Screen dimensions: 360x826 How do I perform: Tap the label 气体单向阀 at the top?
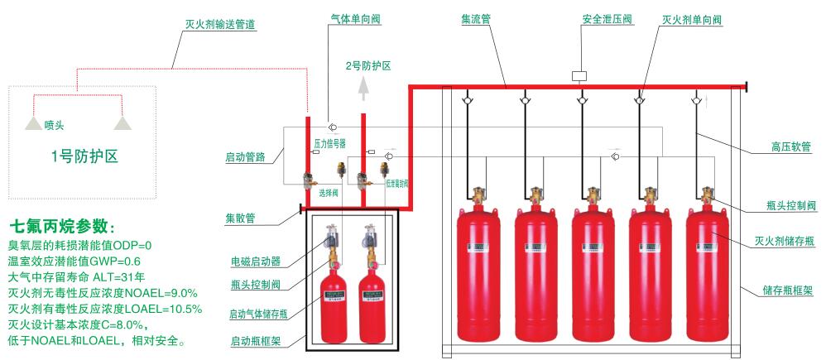341,18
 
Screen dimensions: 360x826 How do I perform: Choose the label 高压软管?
785,150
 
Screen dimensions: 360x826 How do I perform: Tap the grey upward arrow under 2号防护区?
361,87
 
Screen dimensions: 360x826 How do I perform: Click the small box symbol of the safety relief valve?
579,75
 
